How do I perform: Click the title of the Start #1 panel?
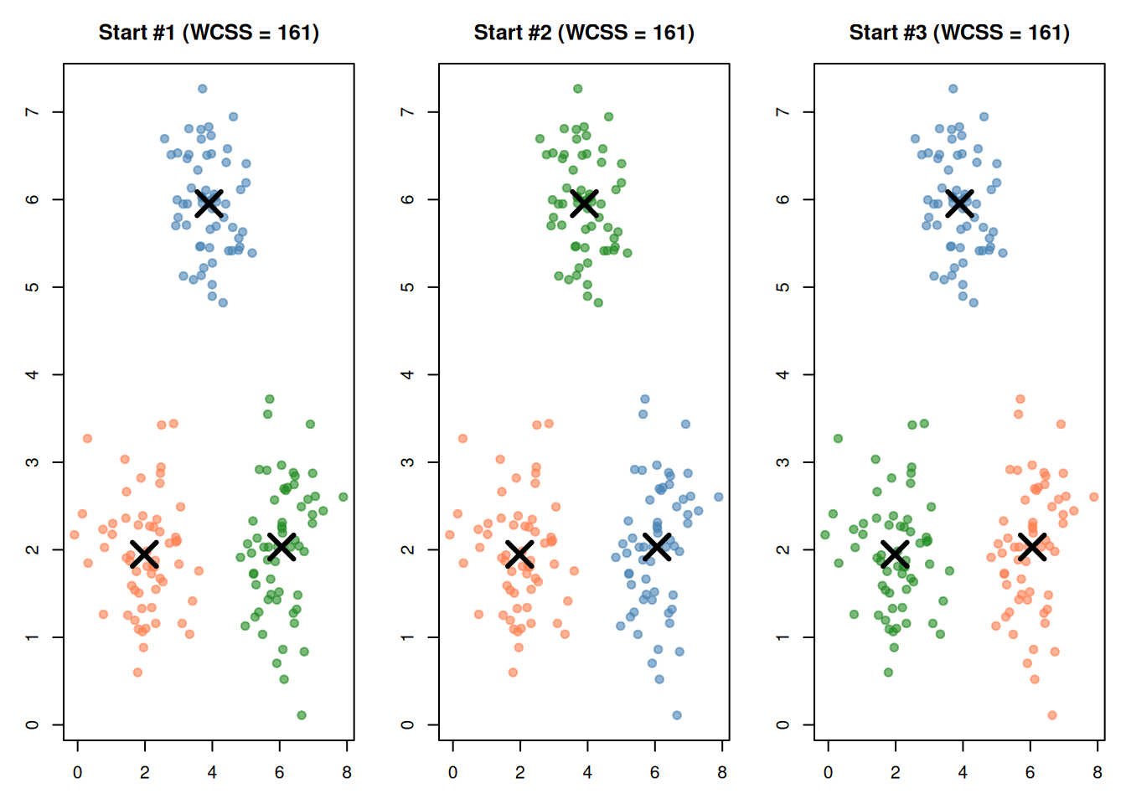coord(209,33)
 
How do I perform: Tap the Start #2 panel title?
coord(584,33)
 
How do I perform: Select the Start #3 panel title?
coord(959,33)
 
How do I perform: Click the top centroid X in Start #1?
coord(209,203)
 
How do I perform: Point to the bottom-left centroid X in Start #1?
coord(144,554)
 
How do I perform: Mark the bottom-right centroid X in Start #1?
coord(281,546)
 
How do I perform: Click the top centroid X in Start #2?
coord(584,203)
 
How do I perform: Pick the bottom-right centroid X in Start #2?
coord(657,546)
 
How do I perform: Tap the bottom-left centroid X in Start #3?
coord(895,554)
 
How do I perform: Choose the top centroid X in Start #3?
coord(959,203)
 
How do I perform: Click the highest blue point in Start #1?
coord(203,89)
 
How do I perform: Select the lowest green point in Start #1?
coord(302,715)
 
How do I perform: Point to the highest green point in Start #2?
coord(578,89)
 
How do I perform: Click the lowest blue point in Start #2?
coord(677,715)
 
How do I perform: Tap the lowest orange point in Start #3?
coord(1052,715)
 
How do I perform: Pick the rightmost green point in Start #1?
coord(343,497)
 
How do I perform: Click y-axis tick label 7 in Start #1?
coord(32,111)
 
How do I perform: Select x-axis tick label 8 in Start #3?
coord(1098,772)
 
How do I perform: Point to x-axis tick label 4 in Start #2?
coord(587,772)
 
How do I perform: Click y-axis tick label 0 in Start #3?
coord(783,724)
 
